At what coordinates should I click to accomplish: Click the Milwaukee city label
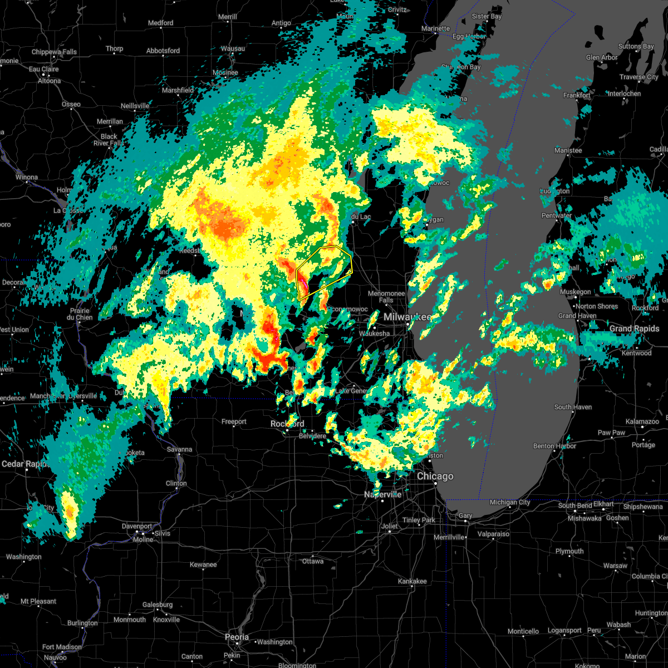pyautogui.click(x=407, y=317)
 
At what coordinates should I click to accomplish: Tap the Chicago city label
pyautogui.click(x=435, y=477)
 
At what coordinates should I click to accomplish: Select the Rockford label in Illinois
pyautogui.click(x=287, y=424)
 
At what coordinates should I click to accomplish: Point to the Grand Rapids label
pyautogui.click(x=635, y=328)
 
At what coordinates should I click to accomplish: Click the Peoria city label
pyautogui.click(x=237, y=637)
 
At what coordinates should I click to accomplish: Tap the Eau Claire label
pyautogui.click(x=43, y=70)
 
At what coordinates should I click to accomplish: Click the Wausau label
pyautogui.click(x=233, y=49)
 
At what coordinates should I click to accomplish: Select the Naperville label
pyautogui.click(x=382, y=494)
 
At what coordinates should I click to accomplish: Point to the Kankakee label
pyautogui.click(x=412, y=581)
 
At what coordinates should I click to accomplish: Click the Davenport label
pyautogui.click(x=137, y=526)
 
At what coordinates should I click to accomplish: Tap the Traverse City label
pyautogui.click(x=640, y=77)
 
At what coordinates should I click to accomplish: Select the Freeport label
pyautogui.click(x=234, y=422)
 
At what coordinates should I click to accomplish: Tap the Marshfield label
pyautogui.click(x=178, y=90)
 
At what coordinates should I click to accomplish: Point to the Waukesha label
pyautogui.click(x=375, y=333)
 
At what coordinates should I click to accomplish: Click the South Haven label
pyautogui.click(x=573, y=407)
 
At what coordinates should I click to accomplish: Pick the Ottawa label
pyautogui.click(x=313, y=561)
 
